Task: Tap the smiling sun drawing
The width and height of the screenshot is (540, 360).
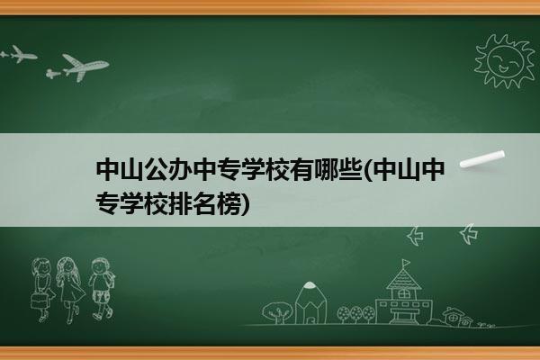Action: [x=505, y=61]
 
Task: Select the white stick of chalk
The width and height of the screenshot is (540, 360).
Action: [x=482, y=158]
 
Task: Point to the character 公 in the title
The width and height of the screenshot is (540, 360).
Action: [x=156, y=170]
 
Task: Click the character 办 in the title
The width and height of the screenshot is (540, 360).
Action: [x=180, y=170]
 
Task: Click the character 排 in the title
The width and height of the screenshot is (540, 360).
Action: [x=180, y=203]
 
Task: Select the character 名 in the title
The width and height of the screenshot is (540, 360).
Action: [x=204, y=203]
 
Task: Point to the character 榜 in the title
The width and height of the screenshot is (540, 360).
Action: [x=229, y=203]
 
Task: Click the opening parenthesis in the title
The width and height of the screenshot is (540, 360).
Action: [x=367, y=170]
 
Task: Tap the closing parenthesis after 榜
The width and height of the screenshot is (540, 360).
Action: [x=245, y=204]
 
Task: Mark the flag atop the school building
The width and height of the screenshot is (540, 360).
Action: [x=407, y=263]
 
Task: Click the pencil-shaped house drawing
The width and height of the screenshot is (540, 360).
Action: [x=310, y=302]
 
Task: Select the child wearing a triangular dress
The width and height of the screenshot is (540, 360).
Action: [x=70, y=289]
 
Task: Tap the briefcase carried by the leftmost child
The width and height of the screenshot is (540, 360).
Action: [x=39, y=300]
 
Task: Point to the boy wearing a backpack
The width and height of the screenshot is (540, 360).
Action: [x=102, y=289]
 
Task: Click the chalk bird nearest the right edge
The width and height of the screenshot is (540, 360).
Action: [x=469, y=234]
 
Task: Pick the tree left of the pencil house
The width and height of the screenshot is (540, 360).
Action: [x=276, y=312]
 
